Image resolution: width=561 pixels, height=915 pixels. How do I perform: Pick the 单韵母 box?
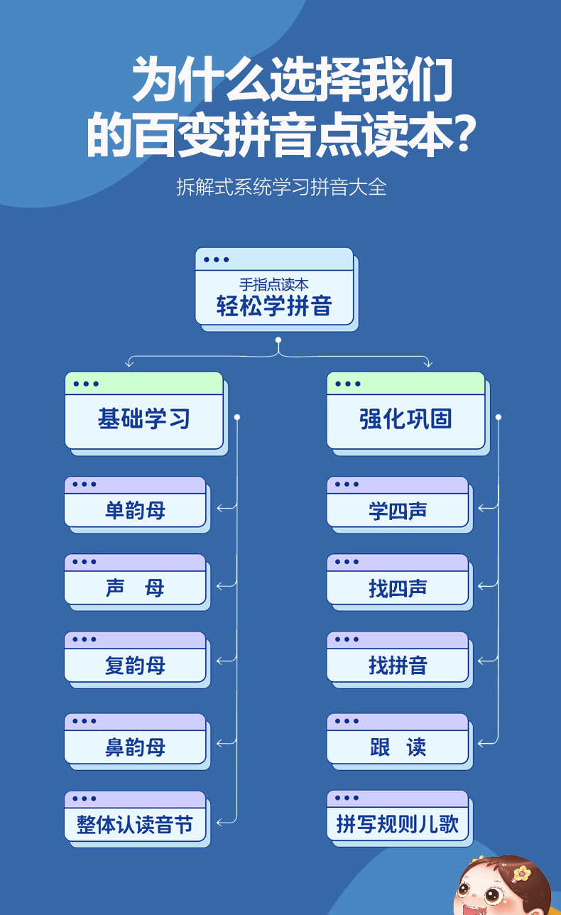(x=135, y=510)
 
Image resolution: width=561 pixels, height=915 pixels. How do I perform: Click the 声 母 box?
(x=135, y=588)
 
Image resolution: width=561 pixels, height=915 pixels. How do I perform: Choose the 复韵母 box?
(x=135, y=665)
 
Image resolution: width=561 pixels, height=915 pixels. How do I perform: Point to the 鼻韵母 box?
(x=135, y=747)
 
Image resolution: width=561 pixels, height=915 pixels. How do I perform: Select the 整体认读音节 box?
(x=135, y=824)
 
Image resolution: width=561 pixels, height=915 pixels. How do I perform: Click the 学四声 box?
(x=398, y=510)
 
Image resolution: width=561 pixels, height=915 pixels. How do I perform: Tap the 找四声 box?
(x=398, y=588)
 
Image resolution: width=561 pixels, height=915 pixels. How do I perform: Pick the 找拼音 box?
(x=398, y=665)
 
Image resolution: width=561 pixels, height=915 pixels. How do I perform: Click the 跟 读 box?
(x=398, y=747)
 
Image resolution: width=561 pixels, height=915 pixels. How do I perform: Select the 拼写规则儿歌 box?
(x=398, y=824)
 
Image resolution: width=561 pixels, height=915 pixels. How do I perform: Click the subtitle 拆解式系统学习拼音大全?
(x=280, y=188)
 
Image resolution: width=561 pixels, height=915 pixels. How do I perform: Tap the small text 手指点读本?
(x=274, y=284)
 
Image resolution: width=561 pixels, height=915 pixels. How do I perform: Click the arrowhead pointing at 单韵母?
(x=220, y=508)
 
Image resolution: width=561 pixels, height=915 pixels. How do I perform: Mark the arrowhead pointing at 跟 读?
(x=482, y=743)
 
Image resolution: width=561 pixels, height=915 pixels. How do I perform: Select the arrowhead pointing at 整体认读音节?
(x=220, y=821)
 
